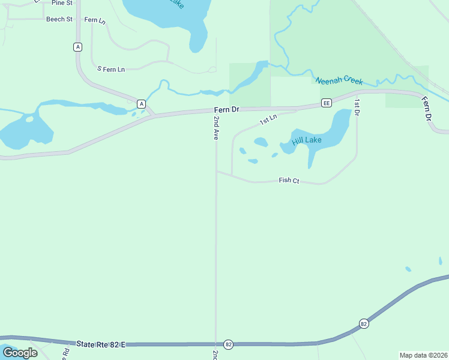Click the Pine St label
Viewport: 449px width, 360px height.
[62, 3]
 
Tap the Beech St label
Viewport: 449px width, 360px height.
[59, 19]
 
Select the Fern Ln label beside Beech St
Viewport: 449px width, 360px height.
[94, 20]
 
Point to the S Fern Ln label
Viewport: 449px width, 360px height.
[111, 69]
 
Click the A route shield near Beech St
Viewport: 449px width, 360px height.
[77, 47]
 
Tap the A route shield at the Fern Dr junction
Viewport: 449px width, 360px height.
[141, 104]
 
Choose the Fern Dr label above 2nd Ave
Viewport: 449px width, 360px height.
[226, 110]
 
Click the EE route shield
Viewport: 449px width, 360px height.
[327, 103]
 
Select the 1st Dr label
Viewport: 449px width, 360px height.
[357, 107]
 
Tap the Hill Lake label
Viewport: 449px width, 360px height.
[307, 141]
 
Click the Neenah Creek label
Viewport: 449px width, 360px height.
[339, 80]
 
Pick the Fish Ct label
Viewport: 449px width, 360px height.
[289, 181]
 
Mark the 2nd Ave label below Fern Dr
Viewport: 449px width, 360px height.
[215, 127]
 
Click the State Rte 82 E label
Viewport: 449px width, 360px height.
[101, 344]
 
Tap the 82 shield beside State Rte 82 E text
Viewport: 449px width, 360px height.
[228, 344]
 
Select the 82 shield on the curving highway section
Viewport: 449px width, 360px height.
[364, 323]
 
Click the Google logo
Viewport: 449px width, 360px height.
[20, 352]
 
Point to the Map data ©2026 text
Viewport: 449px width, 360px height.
[423, 355]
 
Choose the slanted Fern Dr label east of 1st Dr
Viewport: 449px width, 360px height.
[427, 109]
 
